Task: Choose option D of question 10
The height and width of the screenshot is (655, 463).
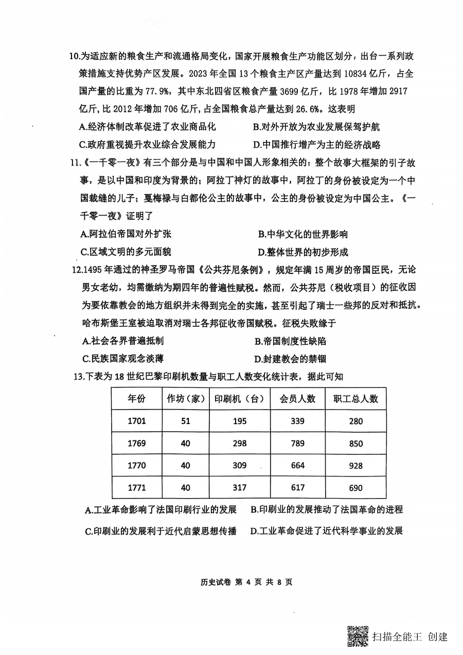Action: tap(316, 145)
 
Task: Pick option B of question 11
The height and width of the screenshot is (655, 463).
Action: tap(303, 235)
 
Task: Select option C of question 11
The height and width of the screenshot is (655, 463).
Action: tap(126, 252)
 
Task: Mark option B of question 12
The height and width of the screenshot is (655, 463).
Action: tap(290, 341)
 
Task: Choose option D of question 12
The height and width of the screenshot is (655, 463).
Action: tap(290, 359)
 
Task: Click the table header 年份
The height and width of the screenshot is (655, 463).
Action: tap(136, 398)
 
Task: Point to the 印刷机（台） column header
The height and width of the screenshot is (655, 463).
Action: tap(239, 398)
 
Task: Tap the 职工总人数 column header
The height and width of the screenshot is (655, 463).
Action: tap(355, 398)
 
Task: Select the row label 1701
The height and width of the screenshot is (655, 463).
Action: tap(136, 421)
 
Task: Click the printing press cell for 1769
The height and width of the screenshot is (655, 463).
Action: tap(239, 443)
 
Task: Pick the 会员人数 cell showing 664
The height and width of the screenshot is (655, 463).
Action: tap(297, 466)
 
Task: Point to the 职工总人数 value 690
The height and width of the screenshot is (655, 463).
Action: tap(355, 488)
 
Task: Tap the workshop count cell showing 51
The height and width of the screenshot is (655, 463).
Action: tap(185, 421)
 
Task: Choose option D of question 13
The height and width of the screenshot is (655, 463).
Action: tap(326, 531)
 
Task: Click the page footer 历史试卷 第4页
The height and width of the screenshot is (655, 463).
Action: tap(246, 582)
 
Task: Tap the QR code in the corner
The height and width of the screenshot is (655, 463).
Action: tap(358, 636)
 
